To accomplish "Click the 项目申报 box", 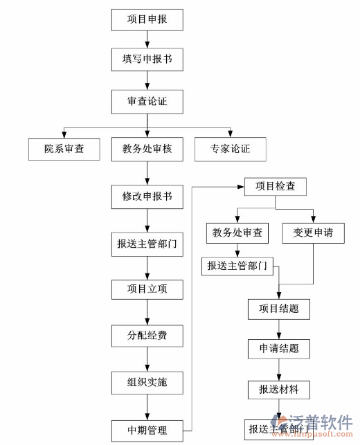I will [147, 19].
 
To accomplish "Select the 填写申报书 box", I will [147, 60].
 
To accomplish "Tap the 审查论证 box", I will [147, 102].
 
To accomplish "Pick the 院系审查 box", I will [64, 149].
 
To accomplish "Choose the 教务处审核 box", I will [147, 149].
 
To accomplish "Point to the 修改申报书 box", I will [147, 197].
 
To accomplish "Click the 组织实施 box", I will [147, 381].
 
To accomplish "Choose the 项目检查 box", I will [275, 187].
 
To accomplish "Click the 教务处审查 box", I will [237, 233].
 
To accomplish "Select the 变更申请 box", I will [313, 233].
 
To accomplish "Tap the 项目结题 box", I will [279, 309].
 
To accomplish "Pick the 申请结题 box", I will [279, 348].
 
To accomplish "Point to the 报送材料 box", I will [279, 390].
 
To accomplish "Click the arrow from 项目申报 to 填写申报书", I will [147, 39].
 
